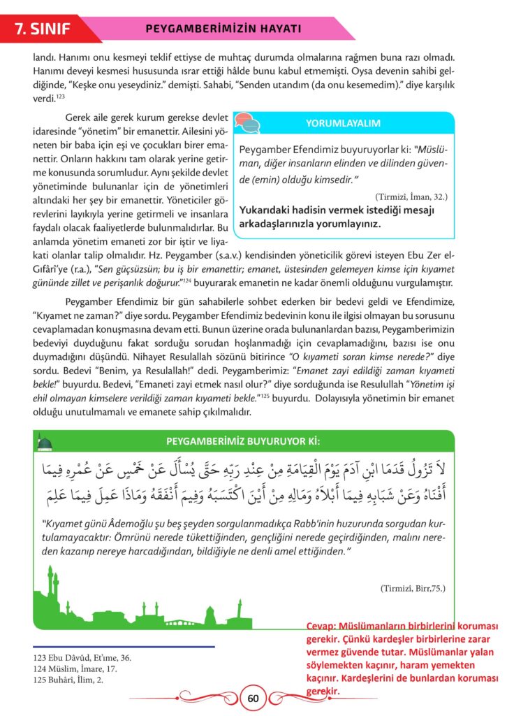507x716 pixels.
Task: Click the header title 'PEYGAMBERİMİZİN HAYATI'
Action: point(224,29)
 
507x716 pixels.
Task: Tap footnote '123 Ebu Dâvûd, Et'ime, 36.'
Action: point(81,657)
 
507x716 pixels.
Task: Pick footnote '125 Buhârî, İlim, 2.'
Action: point(67,678)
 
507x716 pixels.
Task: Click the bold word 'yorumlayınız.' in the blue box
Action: point(347,225)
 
